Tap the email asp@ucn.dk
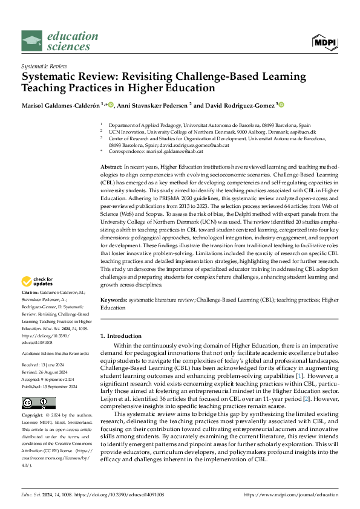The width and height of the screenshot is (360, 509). pyautogui.click(x=303, y=131)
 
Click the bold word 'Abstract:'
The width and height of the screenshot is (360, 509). pyautogui.click(x=111, y=166)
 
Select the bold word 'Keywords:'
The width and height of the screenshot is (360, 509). pyautogui.click(x=114, y=299)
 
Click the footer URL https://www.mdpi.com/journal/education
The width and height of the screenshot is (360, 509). pyautogui.click(x=290, y=494)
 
